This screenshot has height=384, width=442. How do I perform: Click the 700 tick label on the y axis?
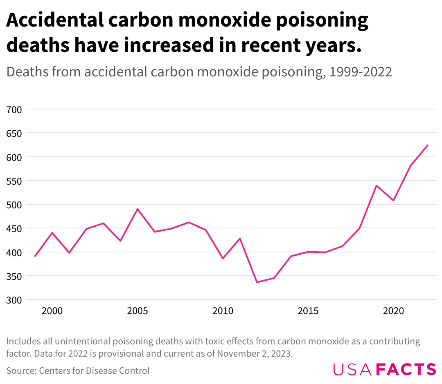(x=14, y=110)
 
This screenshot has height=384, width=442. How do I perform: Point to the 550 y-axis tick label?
(x=14, y=181)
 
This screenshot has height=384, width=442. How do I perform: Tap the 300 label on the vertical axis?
(x=14, y=300)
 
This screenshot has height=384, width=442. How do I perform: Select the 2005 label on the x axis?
(x=137, y=311)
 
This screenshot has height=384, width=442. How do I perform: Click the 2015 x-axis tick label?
(x=308, y=311)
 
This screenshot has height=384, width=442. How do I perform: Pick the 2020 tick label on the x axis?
(x=394, y=311)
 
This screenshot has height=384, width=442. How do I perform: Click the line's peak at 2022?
(x=428, y=145)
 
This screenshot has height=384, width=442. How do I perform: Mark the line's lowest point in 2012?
(x=257, y=282)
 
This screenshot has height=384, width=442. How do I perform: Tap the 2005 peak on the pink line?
(x=137, y=209)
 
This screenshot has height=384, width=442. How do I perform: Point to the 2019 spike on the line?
(x=377, y=186)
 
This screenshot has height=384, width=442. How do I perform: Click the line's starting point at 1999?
(x=35, y=256)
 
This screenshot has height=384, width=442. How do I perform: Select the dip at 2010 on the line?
(x=223, y=258)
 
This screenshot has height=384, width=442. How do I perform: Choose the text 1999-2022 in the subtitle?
(x=361, y=72)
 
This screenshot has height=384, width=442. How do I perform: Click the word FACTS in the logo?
(x=406, y=369)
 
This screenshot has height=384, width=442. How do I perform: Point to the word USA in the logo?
(x=352, y=369)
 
